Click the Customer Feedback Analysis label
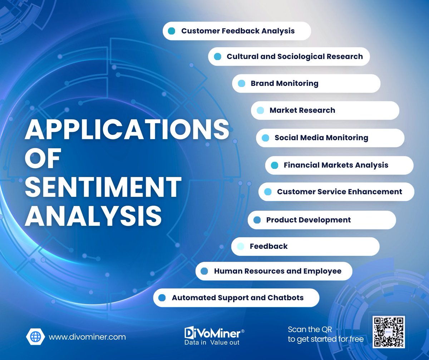click(238, 31)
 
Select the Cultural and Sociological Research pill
click(295, 57)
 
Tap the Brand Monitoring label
click(284, 83)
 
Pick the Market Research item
click(302, 110)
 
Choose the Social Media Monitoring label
click(321, 137)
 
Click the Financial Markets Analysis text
click(336, 165)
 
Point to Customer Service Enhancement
click(339, 192)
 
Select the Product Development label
click(308, 220)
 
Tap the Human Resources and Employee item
click(277, 271)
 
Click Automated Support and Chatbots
click(237, 298)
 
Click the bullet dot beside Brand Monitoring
click(241, 83)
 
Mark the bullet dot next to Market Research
click(260, 110)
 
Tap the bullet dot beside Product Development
click(257, 220)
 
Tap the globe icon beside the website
click(35, 337)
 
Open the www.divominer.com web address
click(87, 337)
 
